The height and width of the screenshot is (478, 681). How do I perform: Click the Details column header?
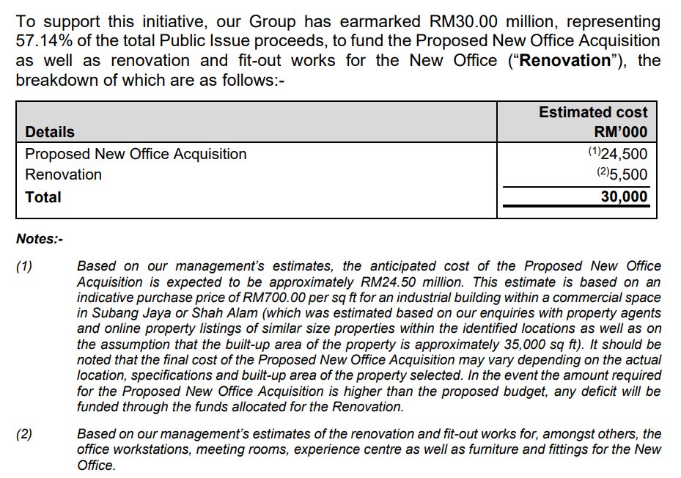[50, 132]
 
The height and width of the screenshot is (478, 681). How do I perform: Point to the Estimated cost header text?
[593, 112]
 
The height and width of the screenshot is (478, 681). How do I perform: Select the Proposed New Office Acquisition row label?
[136, 154]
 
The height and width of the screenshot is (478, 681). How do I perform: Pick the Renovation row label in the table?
[63, 174]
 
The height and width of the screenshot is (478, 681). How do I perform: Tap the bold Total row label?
[43, 197]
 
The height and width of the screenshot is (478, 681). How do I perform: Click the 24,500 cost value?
[624, 154]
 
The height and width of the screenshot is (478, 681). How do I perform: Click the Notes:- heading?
[40, 239]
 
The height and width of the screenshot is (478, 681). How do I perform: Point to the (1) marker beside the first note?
[25, 266]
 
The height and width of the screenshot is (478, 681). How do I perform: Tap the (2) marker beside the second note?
[25, 434]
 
